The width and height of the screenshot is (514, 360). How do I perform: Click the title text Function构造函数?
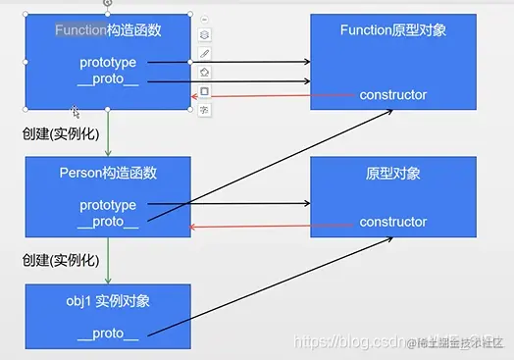[108, 30]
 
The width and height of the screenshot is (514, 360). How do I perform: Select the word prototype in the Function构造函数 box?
[108, 63]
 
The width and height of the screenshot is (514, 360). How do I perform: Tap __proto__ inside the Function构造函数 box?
[108, 78]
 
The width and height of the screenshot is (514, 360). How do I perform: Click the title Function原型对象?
[393, 30]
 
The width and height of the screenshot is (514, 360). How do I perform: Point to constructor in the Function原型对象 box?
[393, 95]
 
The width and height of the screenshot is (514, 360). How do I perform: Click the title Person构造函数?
[108, 174]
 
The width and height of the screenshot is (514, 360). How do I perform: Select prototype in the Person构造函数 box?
[108, 205]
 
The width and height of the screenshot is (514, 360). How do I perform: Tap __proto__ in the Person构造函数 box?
[108, 222]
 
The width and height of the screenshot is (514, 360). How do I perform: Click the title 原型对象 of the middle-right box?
[393, 174]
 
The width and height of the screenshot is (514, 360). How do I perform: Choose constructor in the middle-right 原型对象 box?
[393, 222]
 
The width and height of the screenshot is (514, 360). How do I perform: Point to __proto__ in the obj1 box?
[108, 334]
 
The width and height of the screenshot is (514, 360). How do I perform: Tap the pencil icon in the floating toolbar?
[204, 54]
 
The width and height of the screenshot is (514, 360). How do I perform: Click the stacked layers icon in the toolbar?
[204, 35]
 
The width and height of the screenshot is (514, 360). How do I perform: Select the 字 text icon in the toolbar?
[204, 109]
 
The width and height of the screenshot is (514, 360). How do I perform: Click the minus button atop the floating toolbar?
[204, 19]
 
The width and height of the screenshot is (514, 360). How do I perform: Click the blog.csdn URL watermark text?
[348, 340]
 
